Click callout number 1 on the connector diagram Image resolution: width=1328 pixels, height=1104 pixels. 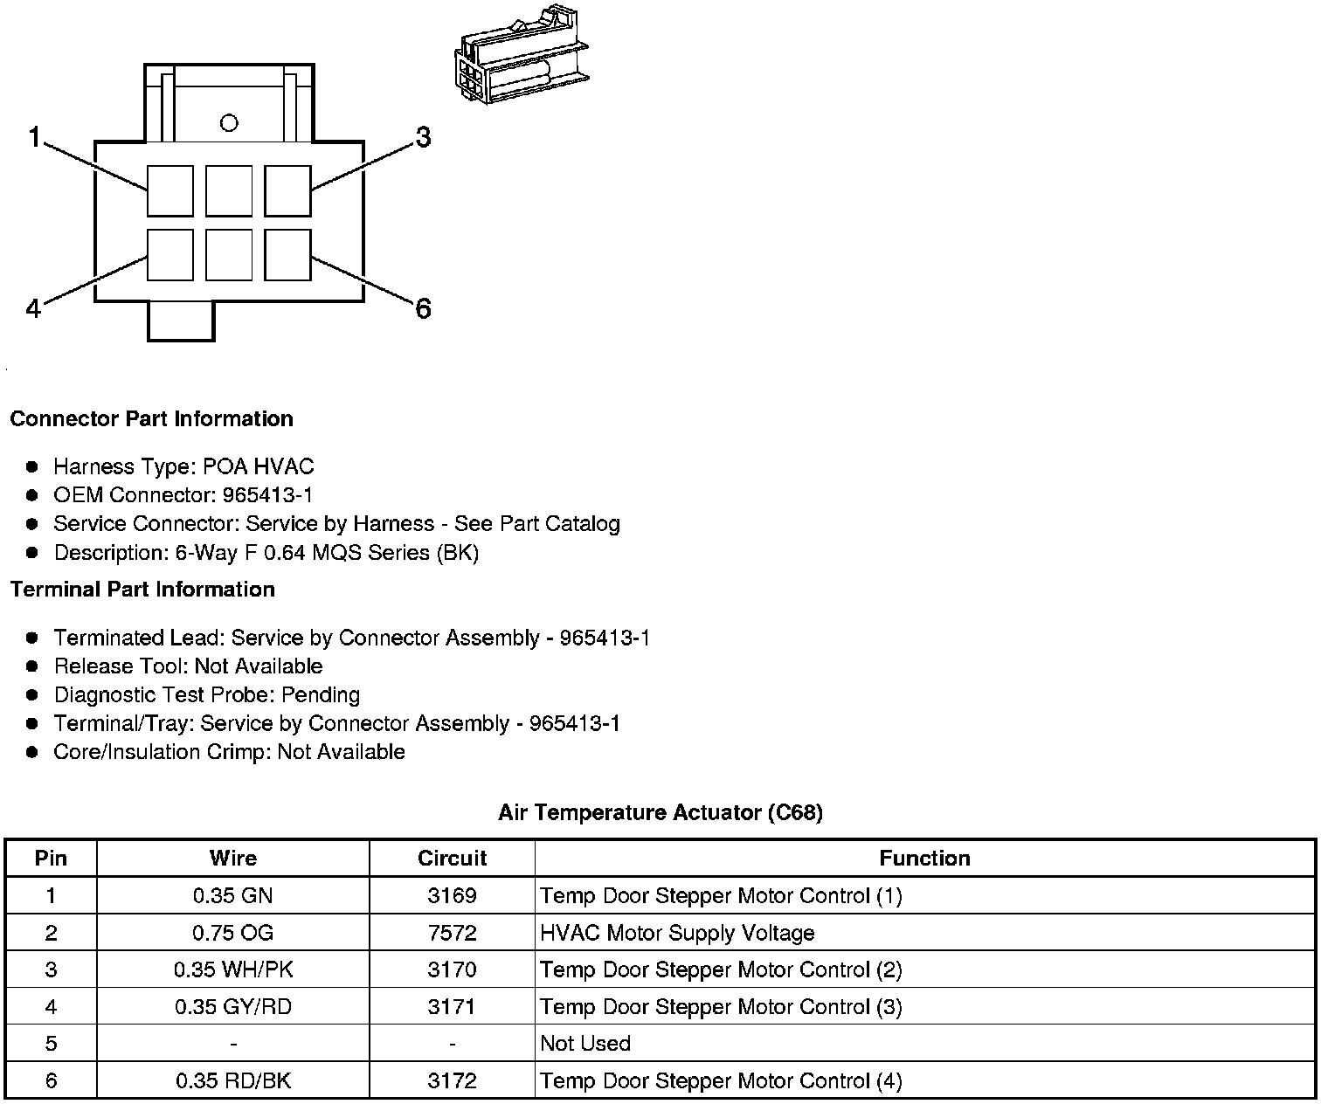[34, 137]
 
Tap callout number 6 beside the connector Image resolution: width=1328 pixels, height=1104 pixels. [423, 308]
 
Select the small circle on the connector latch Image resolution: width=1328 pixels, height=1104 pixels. [229, 123]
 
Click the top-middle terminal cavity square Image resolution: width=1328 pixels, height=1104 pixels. [229, 190]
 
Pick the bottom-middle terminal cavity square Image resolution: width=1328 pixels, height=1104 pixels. [229, 254]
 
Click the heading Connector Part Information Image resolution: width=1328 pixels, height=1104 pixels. [151, 418]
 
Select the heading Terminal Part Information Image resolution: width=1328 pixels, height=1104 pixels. [142, 590]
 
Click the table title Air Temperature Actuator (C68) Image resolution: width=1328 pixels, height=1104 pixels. [661, 812]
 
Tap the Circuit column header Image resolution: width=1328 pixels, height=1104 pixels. [452, 859]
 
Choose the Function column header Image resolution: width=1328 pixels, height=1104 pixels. [924, 859]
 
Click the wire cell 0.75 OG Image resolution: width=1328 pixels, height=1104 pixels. [232, 933]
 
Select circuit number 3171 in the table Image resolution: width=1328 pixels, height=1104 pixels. [452, 1006]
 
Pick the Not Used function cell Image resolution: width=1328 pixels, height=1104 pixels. [585, 1043]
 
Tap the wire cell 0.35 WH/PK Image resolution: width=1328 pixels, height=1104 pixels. [232, 969]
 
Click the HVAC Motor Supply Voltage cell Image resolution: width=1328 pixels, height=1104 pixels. [677, 933]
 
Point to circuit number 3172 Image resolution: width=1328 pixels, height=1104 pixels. [452, 1080]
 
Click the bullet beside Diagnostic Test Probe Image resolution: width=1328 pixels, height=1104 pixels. [33, 695]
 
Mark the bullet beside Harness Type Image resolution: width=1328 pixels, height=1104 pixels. [33, 467]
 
